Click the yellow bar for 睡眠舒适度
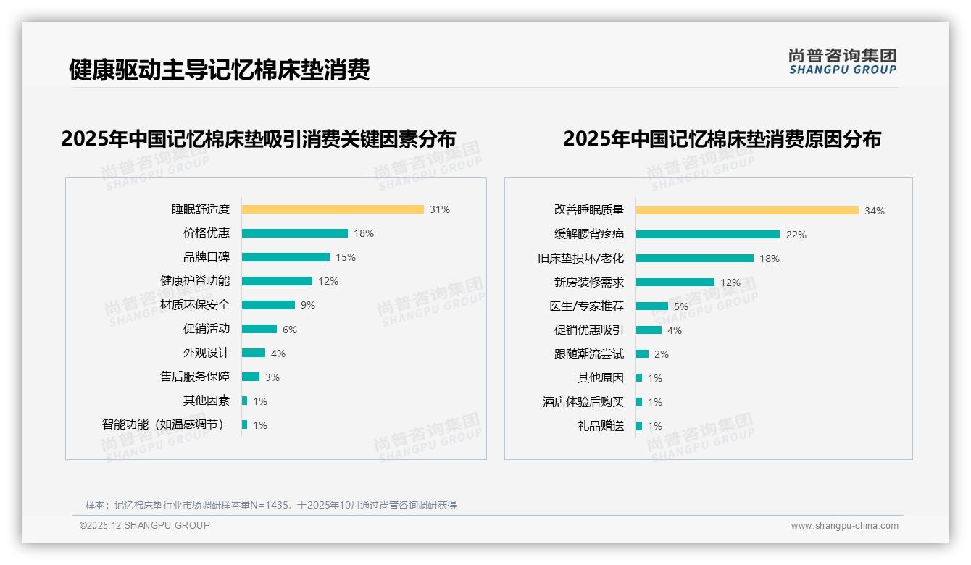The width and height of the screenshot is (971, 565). coord(333,209)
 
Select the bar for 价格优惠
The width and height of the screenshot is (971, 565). coord(295,233)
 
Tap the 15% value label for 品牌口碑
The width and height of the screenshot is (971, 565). coord(346,257)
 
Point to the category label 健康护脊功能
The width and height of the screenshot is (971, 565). coord(195,281)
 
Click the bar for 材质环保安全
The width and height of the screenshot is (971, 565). coord(268,305)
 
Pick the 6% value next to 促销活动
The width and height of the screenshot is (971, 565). coord(290,330)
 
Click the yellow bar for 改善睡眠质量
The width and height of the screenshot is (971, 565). coord(747,211)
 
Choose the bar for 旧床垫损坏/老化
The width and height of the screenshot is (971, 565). coord(695,259)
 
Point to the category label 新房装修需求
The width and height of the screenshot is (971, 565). coord(588,282)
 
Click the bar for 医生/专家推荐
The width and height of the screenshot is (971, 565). coord(652,306)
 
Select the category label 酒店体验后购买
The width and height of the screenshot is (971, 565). coord(583,402)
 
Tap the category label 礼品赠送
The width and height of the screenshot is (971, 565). coord(600,426)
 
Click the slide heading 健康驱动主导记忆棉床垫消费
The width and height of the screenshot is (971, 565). coord(220,70)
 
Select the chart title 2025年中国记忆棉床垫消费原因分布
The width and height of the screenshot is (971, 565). coord(722,139)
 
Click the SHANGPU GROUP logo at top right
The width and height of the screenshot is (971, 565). coord(842,62)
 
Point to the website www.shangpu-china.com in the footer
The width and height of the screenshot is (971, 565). coord(844,526)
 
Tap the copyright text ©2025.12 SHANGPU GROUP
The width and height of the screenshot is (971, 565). coord(145,526)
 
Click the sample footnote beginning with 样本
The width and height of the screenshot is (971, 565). coord(271,505)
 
